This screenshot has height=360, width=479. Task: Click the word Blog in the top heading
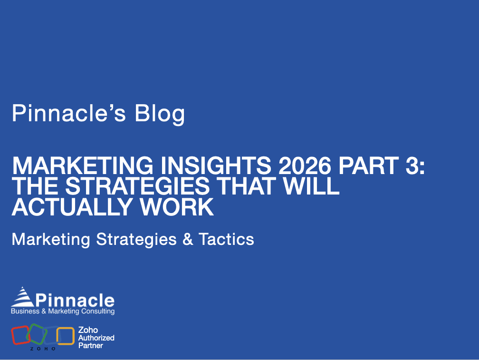pyautogui.click(x=159, y=114)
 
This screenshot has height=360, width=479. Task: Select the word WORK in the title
pyautogui.click(x=181, y=207)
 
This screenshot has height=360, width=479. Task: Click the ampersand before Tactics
pyautogui.click(x=188, y=239)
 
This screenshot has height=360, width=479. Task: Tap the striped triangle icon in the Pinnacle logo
pyautogui.click(x=22, y=297)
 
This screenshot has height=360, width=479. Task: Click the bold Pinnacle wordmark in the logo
pyautogui.click(x=75, y=300)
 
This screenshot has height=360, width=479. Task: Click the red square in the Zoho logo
pyautogui.click(x=20, y=335)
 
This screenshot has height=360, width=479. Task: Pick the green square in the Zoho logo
pyautogui.click(x=37, y=333)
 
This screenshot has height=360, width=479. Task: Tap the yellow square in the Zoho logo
pyautogui.click(x=66, y=336)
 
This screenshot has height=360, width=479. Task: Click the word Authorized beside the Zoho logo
pyautogui.click(x=96, y=338)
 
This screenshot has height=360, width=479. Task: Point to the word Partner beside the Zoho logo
pyautogui.click(x=90, y=345)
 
